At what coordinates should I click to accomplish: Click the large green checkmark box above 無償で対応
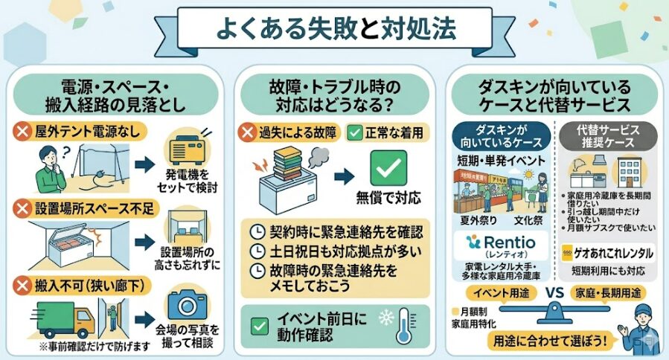(x=388, y=168)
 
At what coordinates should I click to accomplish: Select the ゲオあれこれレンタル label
(x=607, y=253)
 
